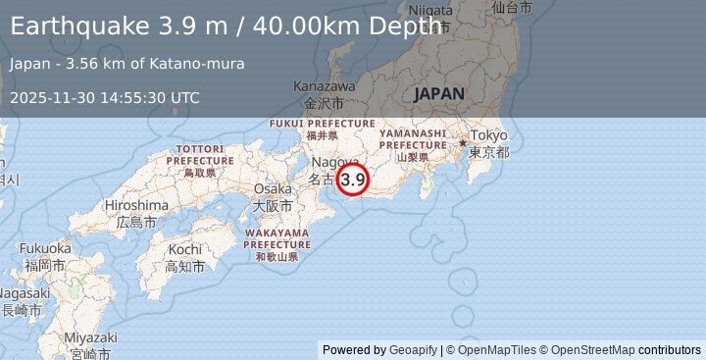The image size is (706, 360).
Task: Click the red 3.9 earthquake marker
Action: pyautogui.click(x=353, y=180)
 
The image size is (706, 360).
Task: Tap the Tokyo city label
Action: pyautogui.click(x=488, y=135)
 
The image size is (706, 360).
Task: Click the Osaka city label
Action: pyautogui.click(x=273, y=188)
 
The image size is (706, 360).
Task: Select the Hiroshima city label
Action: pyautogui.click(x=136, y=205)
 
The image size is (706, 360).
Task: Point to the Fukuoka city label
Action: pyautogui.click(x=45, y=247)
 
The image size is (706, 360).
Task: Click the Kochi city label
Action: pyautogui.click(x=184, y=249)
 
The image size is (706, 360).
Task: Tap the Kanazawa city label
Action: pyautogui.click(x=324, y=86)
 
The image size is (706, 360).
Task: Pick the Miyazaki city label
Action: pyautogui.click(x=91, y=337)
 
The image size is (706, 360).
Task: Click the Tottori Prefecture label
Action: pyautogui.click(x=200, y=153)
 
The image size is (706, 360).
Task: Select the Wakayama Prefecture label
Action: pyautogui.click(x=277, y=238)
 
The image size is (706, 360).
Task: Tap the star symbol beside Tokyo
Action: pyautogui.click(x=462, y=143)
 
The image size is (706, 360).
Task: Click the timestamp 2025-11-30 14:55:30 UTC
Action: pyautogui.click(x=105, y=97)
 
